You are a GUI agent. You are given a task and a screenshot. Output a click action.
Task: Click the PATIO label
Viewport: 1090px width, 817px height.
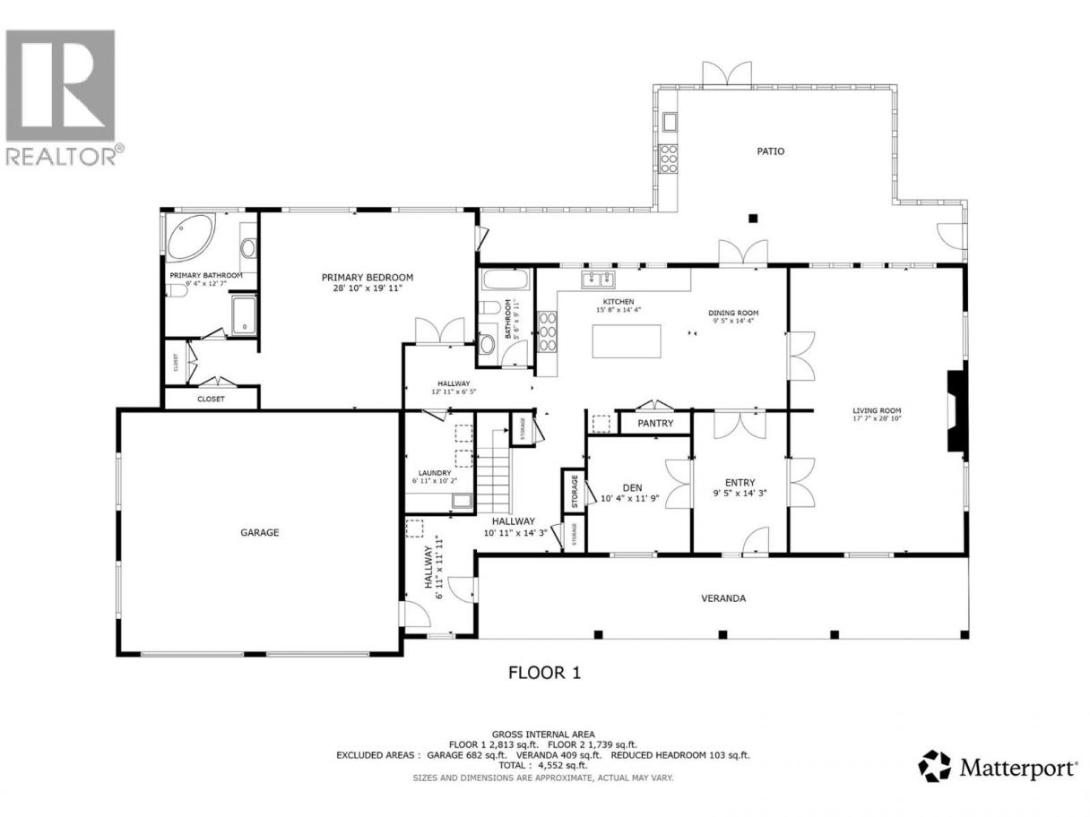[x=770, y=150]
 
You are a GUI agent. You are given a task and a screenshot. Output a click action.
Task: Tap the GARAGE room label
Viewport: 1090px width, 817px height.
[x=260, y=532]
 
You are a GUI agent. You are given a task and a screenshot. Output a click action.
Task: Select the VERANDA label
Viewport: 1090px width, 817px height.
[x=723, y=598]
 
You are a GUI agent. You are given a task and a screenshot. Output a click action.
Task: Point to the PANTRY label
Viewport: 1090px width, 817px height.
[x=655, y=423]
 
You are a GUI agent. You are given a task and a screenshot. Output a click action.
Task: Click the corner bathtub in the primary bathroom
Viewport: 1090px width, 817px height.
[x=191, y=237]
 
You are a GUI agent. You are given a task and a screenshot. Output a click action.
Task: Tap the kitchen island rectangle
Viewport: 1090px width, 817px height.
[x=627, y=340]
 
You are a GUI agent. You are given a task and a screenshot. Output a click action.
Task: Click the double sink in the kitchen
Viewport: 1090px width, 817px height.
[x=598, y=279]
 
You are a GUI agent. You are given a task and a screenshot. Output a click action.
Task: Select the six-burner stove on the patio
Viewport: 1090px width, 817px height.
[x=669, y=159]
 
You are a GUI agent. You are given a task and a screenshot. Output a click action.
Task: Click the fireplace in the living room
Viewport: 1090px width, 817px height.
[x=957, y=411]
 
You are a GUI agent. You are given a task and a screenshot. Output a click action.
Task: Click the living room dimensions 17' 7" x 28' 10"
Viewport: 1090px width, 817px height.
[x=877, y=418]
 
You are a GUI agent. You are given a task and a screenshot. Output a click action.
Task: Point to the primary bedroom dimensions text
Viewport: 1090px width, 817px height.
[x=367, y=288]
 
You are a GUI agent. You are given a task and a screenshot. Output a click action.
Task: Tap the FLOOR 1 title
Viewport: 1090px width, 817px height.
[x=544, y=673]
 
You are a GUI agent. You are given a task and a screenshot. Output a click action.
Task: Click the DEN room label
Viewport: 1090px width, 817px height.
[x=632, y=488]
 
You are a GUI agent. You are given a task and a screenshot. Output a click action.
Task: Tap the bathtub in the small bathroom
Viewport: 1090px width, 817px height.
[x=505, y=280]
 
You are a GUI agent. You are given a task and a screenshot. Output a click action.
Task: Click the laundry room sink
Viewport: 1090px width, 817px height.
[x=462, y=501]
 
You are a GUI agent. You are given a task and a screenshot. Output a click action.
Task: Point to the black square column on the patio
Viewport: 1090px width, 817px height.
[x=753, y=218]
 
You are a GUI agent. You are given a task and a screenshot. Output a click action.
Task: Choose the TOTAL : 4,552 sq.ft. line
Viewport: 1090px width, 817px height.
[x=543, y=765]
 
